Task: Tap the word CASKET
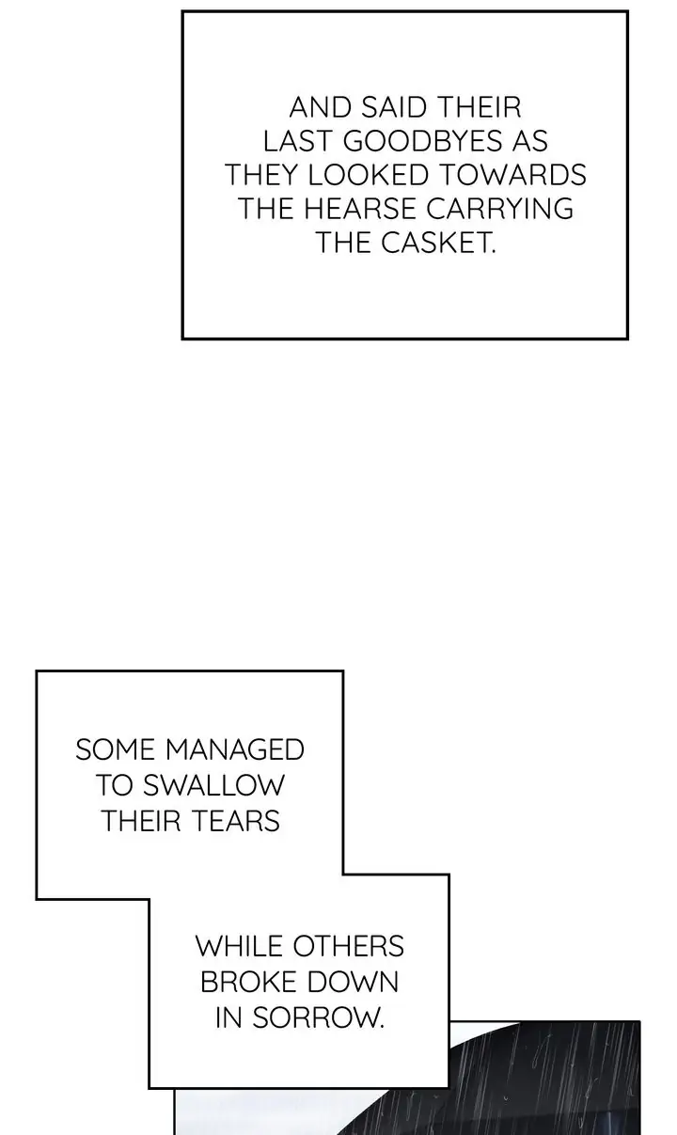438,243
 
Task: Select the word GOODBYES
424,141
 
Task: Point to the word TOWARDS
513,175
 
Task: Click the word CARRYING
500,208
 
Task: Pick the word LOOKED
368,175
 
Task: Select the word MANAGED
235,749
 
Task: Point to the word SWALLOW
214,785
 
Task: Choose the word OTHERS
349,946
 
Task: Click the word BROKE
248,982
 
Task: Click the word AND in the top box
321,107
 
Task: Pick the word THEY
260,175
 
